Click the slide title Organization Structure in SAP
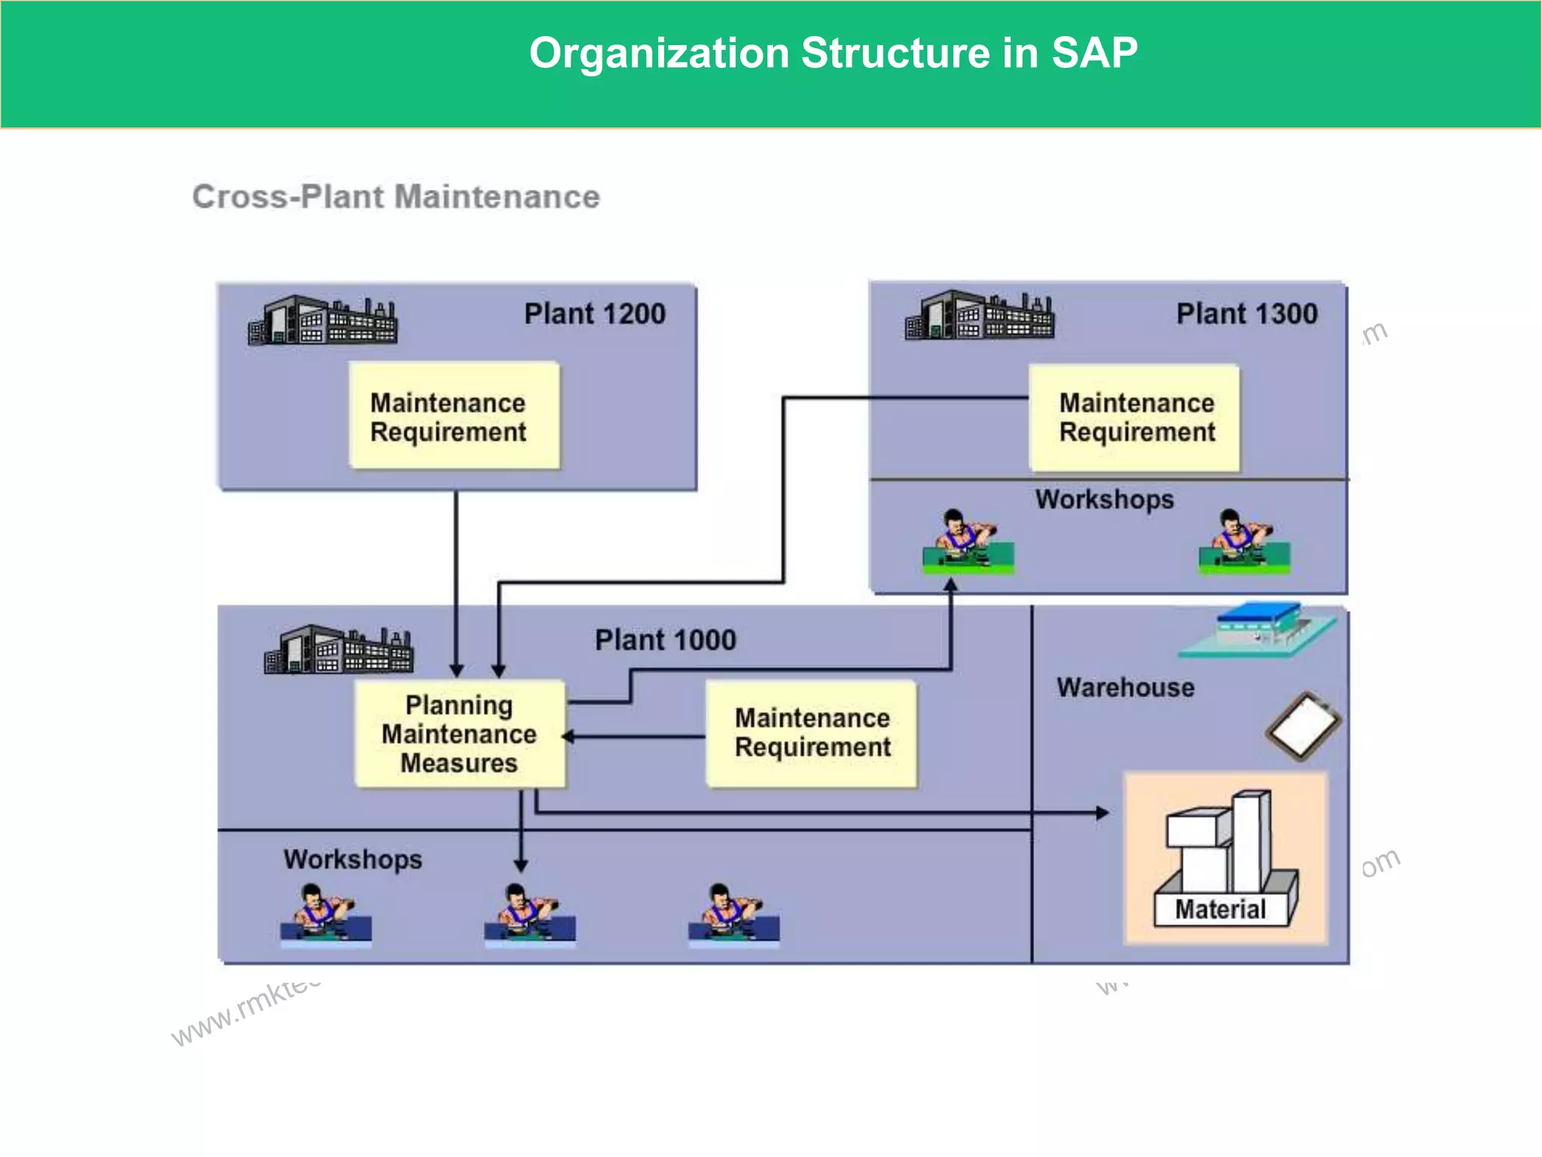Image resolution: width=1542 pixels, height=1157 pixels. [x=833, y=53]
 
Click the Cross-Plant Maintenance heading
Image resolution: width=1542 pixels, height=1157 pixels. [x=396, y=197]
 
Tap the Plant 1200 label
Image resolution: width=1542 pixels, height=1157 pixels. [x=595, y=314]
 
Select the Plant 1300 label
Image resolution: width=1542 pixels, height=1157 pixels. [x=1247, y=314]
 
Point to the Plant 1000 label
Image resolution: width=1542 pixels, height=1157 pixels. [x=666, y=640]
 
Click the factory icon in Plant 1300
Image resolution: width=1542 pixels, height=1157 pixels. [x=979, y=316]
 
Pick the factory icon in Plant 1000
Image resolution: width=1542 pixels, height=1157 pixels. [x=339, y=649]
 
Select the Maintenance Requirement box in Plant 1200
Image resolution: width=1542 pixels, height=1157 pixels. [x=454, y=417]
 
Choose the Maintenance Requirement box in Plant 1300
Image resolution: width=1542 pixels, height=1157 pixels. [x=1135, y=418]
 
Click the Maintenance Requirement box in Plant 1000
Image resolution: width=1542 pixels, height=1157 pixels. [x=812, y=734]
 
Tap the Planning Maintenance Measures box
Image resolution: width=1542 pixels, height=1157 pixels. [x=460, y=734]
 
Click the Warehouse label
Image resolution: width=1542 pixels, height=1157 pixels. [x=1125, y=688]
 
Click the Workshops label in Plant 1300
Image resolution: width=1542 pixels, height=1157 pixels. [x=1104, y=499]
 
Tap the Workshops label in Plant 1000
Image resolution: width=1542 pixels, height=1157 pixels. [x=352, y=859]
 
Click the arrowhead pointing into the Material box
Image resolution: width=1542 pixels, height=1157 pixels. [x=1102, y=813]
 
